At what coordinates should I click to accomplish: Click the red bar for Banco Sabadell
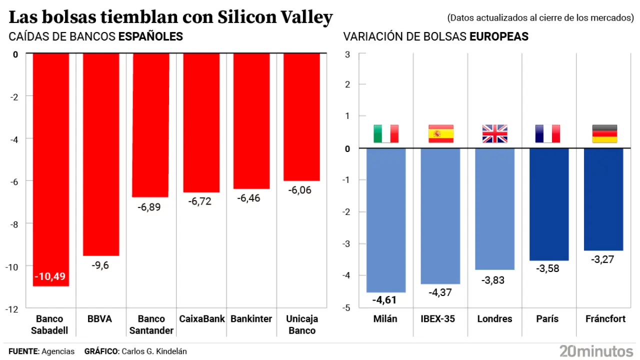tap(50, 165)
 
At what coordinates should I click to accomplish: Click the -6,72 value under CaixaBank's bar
tap(200, 201)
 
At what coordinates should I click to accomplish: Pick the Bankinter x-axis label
tap(251, 319)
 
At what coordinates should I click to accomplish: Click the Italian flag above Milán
tap(386, 133)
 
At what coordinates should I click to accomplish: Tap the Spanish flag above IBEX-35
tap(440, 133)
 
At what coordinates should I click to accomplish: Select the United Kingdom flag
tap(494, 133)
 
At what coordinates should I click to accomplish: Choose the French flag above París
tap(547, 133)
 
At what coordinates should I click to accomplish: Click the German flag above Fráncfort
tap(604, 133)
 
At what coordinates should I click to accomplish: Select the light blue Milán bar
tap(386, 220)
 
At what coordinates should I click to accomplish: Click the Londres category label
tap(494, 319)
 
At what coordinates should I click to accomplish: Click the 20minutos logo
tap(596, 350)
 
